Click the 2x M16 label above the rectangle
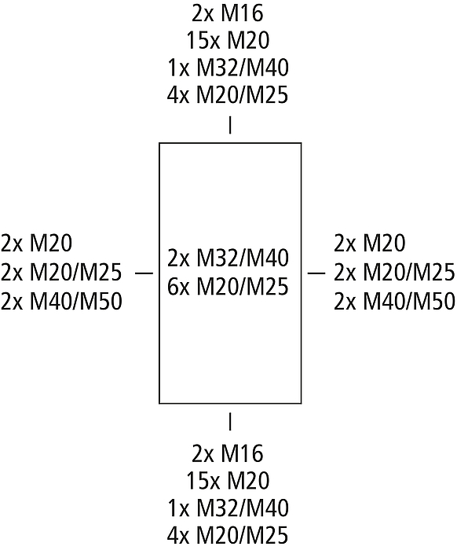click(x=228, y=13)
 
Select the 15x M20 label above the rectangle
click(x=228, y=40)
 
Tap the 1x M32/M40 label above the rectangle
click(x=228, y=68)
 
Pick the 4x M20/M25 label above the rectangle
click(x=228, y=95)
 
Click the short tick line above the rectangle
click(x=230, y=125)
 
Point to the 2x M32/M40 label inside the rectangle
click(x=228, y=258)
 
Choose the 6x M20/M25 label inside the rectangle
click(x=228, y=287)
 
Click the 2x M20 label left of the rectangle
click(x=36, y=244)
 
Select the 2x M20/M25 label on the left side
click(x=61, y=272)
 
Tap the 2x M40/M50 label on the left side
click(x=61, y=301)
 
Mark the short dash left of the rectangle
click(x=144, y=273)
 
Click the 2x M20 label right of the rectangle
click(x=370, y=244)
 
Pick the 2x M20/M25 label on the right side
click(x=394, y=272)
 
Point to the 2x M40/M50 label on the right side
click(x=395, y=301)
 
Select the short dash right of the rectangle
click(x=316, y=273)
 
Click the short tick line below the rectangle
click(x=230, y=421)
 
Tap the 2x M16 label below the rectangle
click(x=228, y=453)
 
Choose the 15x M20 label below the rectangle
click(x=228, y=481)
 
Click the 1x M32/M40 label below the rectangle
click(x=228, y=508)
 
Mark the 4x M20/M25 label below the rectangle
click(x=228, y=536)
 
